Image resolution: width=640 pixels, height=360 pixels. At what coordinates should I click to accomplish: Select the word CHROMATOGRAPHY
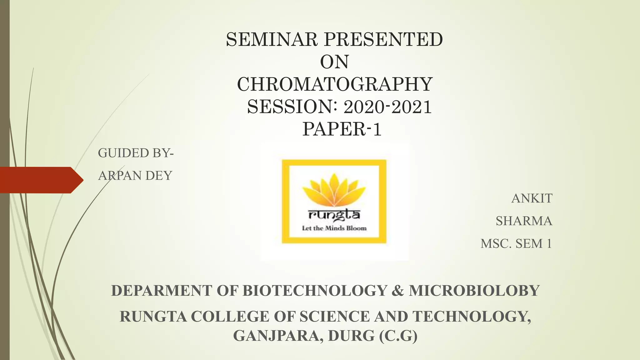click(335, 84)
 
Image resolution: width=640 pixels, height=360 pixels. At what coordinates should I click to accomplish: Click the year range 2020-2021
click(387, 107)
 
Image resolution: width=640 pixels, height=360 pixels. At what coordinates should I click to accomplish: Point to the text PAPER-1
click(342, 129)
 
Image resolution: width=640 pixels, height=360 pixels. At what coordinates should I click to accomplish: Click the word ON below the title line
click(334, 62)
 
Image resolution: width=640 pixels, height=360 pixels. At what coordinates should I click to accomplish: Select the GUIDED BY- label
click(136, 153)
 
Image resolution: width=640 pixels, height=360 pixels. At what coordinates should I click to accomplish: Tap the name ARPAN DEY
click(135, 176)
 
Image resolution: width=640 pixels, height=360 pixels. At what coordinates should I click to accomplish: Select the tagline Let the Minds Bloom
click(334, 228)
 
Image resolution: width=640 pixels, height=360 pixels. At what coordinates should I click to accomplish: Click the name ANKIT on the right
click(532, 198)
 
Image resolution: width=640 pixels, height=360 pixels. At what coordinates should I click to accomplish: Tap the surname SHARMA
click(524, 221)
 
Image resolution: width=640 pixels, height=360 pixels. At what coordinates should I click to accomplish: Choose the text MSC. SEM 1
click(516, 243)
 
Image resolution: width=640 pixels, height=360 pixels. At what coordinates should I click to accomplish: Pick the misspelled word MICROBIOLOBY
click(474, 291)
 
